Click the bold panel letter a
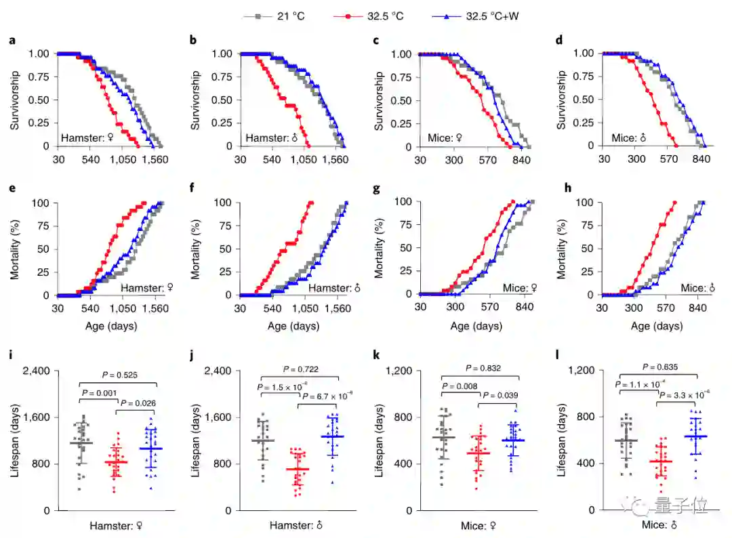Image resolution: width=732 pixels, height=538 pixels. pyautogui.click(x=12, y=41)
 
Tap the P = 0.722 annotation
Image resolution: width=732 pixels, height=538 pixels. pyautogui.click(x=302, y=370)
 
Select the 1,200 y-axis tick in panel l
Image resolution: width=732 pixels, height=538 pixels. pyautogui.click(x=584, y=371)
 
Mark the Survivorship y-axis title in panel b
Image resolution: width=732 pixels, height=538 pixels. pyautogui.click(x=196, y=100)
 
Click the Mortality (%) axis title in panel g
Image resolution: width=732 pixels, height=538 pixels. pyautogui.click(x=379, y=249)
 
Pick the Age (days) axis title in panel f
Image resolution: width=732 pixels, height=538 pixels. pyautogui.click(x=293, y=326)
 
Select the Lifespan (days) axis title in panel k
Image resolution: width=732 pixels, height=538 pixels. pyautogui.click(x=379, y=440)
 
